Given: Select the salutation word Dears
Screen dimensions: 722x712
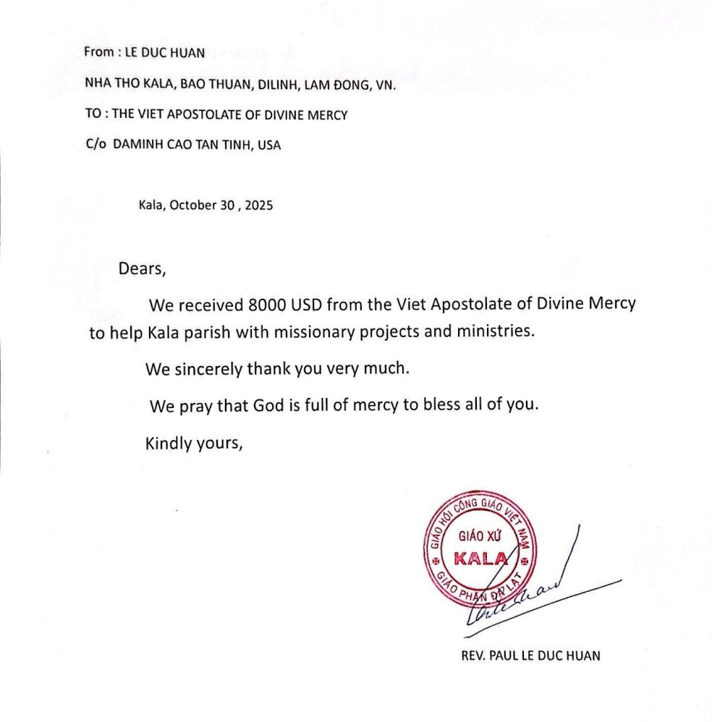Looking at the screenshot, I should tap(143, 269).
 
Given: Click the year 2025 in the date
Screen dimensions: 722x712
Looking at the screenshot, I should tap(258, 205).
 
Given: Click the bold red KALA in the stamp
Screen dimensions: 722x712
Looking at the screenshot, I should tap(480, 558).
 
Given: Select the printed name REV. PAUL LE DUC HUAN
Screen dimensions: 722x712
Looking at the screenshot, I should tap(530, 657).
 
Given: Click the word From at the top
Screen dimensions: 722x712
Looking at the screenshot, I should tap(98, 52).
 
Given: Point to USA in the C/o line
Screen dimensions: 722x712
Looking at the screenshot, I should tap(269, 145).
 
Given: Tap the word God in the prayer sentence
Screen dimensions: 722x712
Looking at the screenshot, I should tap(267, 405).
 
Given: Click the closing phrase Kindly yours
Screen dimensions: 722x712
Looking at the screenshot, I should tap(192, 442).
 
